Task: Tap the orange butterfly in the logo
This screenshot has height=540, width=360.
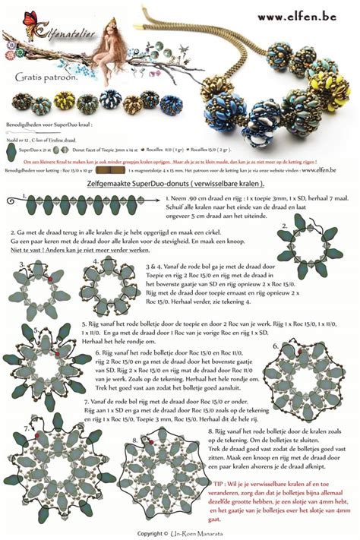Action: pos(31,18)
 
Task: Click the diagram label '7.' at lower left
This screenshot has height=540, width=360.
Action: pos(26,428)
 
